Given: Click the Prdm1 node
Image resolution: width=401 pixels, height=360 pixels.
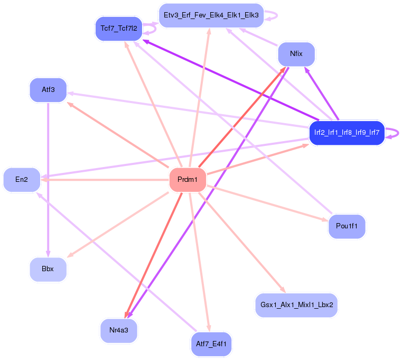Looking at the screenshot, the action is [x=187, y=180].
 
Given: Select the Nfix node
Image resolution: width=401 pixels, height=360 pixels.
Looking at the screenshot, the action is [x=296, y=54].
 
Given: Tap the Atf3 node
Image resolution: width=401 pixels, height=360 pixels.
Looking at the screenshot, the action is [x=48, y=90].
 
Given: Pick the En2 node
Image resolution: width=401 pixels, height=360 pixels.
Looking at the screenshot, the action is [x=22, y=180].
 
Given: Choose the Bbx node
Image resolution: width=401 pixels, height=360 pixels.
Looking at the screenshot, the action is [x=48, y=269].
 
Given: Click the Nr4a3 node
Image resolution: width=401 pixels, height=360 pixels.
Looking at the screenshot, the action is [x=119, y=330].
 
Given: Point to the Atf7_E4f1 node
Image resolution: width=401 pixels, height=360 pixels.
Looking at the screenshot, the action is [x=210, y=344].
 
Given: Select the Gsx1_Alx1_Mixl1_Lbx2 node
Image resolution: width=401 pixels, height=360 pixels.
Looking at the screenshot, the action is [x=296, y=306].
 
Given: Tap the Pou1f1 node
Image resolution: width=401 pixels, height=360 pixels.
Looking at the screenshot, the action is [x=347, y=227].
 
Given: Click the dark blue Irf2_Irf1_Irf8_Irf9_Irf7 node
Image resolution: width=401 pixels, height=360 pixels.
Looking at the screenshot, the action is [x=347, y=132].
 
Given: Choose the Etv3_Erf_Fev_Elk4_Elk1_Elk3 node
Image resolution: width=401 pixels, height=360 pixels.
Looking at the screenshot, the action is [x=211, y=15].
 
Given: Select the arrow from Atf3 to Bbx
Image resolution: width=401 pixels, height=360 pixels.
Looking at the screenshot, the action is [x=48, y=180].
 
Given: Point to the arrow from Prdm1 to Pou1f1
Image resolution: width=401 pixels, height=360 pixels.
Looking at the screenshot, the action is [x=269, y=204].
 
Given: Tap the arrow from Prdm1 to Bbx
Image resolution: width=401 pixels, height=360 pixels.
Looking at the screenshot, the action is [x=119, y=225].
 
